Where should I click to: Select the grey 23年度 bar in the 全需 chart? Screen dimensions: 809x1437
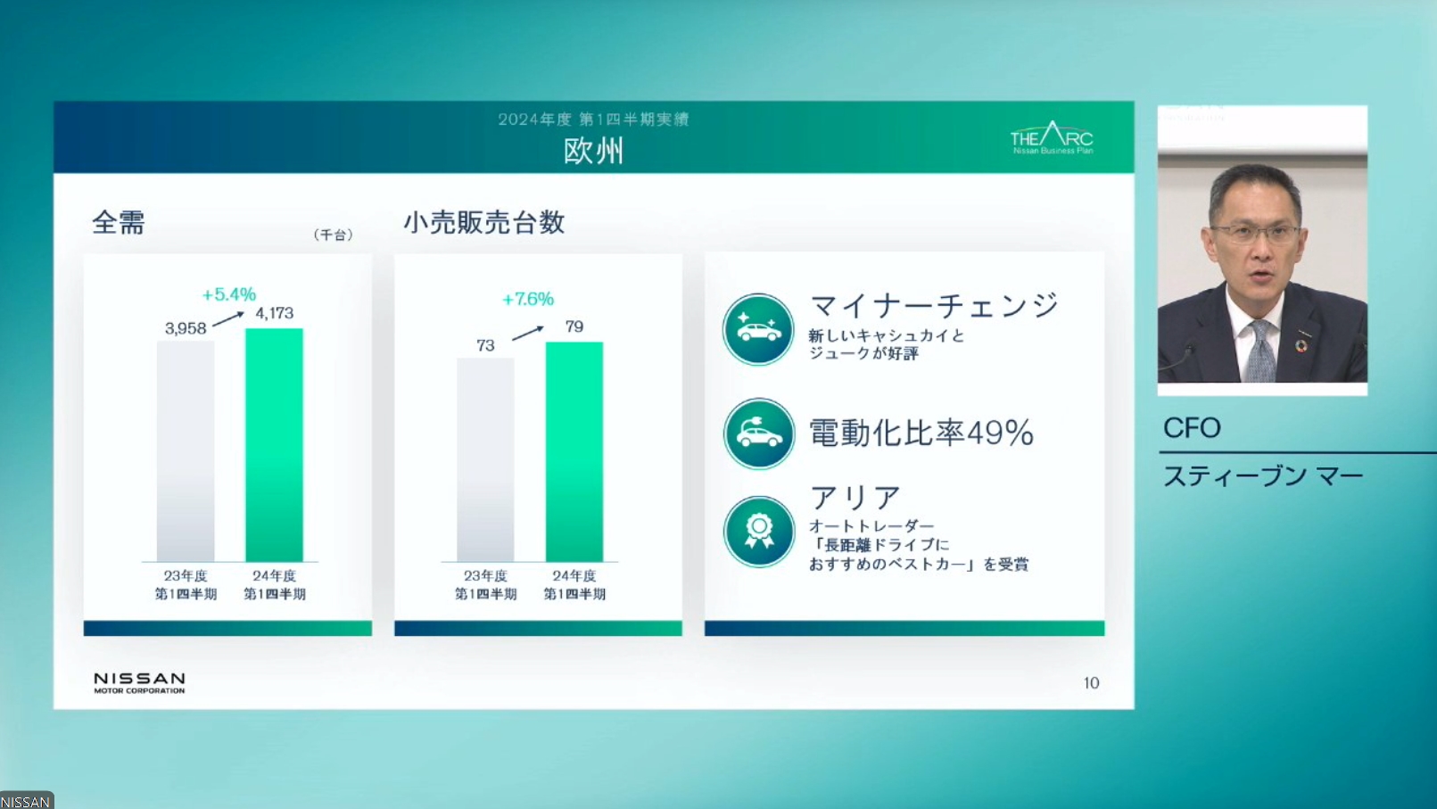tap(186, 450)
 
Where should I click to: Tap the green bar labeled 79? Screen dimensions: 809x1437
tap(574, 450)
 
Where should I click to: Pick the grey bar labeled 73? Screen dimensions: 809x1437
tap(485, 458)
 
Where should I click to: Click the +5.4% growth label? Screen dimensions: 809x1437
tap(229, 294)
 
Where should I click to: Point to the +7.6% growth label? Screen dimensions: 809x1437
tap(528, 299)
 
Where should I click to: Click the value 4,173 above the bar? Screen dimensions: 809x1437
tap(275, 313)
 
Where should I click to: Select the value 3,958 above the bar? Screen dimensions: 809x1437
tap(186, 328)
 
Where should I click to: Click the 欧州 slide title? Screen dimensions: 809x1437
tap(593, 151)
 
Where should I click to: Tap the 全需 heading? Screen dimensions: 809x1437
tap(119, 222)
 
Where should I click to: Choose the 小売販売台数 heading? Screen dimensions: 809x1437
tap(484, 222)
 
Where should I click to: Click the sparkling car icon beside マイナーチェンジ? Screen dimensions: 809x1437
tap(758, 329)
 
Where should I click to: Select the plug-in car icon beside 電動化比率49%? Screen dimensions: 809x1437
tap(758, 433)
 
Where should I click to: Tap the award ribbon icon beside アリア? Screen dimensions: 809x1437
tap(758, 532)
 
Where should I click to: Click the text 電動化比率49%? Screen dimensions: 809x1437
tap(921, 433)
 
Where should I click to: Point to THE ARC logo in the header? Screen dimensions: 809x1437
tap(1052, 138)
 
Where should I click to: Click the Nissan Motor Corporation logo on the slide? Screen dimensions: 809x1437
tap(139, 682)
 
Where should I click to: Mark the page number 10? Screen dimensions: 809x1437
tap(1091, 683)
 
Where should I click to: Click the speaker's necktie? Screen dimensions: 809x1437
tap(1259, 352)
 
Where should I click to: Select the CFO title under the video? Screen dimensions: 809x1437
tap(1192, 428)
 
